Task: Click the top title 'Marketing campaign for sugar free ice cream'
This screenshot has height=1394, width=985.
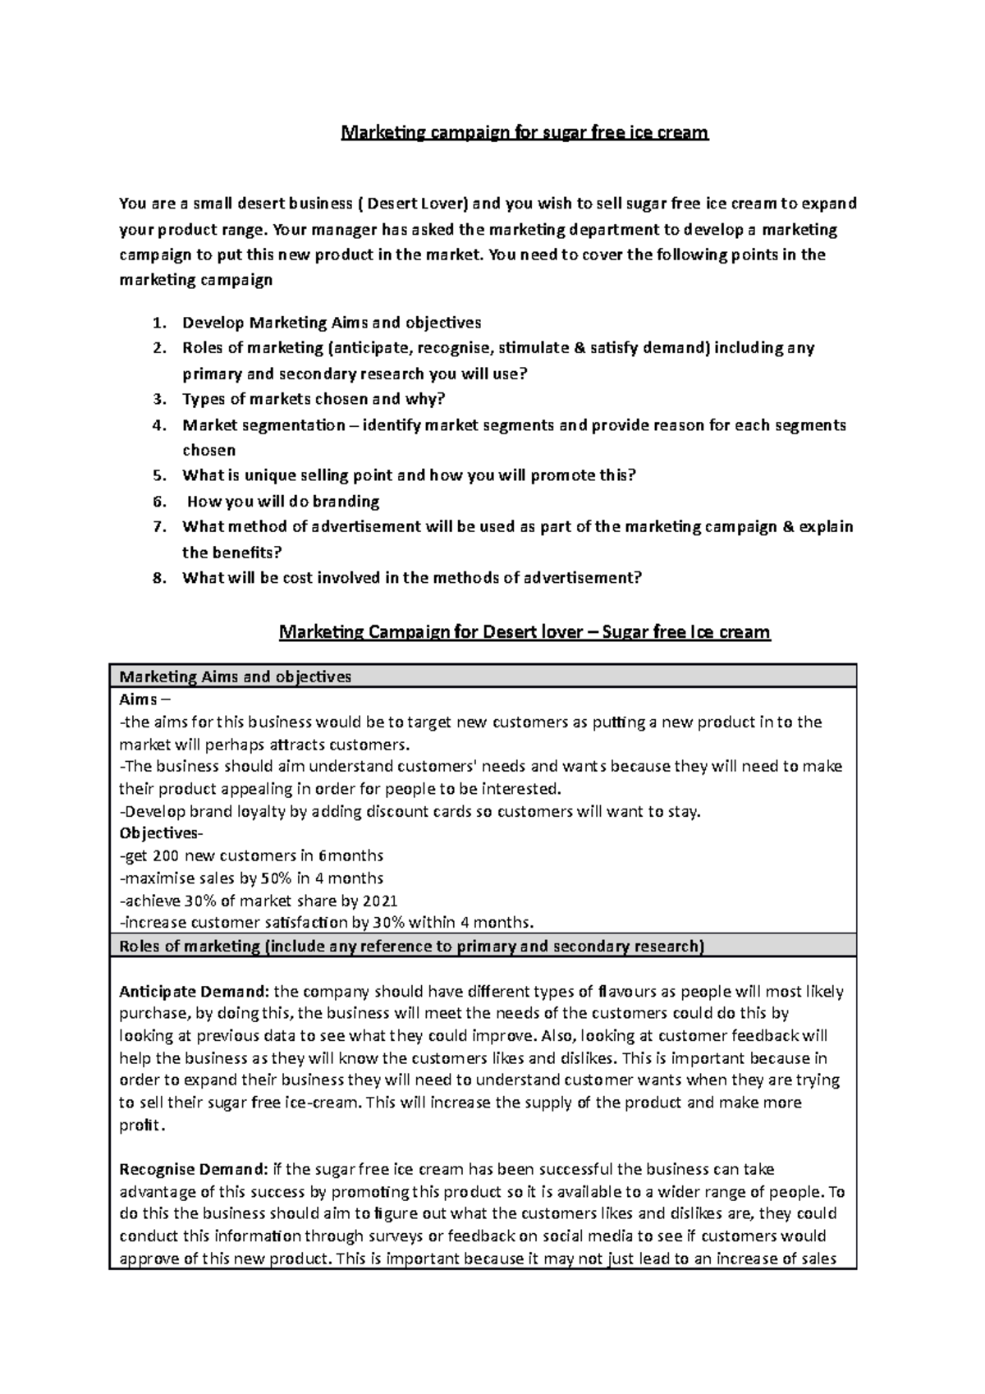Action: click(525, 132)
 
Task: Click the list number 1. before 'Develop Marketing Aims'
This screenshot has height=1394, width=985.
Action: click(160, 323)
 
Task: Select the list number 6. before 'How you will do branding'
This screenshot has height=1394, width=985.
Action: click(160, 502)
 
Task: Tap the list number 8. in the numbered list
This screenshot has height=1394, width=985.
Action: click(160, 578)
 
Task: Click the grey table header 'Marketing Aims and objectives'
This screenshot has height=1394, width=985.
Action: click(236, 676)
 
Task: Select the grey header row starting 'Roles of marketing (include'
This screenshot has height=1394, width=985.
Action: click(411, 946)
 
